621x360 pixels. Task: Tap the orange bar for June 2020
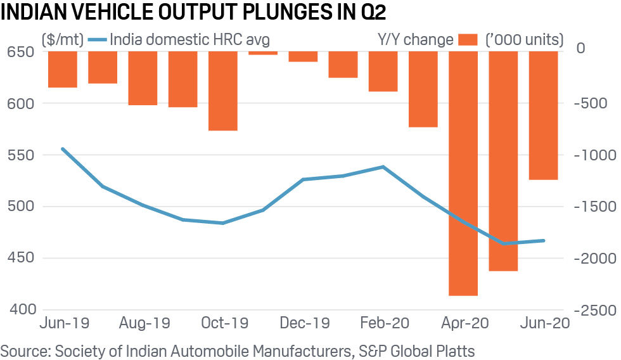coord(543,115)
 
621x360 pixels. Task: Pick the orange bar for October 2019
coord(222,91)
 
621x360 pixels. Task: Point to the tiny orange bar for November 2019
coord(262,53)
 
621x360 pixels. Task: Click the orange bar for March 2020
coord(423,89)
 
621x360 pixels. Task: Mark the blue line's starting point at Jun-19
coord(62,149)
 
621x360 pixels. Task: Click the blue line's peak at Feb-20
coord(383,167)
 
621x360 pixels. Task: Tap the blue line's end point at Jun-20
coord(543,240)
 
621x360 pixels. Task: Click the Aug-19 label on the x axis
coord(145,323)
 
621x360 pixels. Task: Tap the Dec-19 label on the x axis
coord(305,323)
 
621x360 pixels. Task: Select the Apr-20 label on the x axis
coord(464,323)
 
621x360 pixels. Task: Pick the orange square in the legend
coord(469,40)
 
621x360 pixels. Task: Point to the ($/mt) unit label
coord(61,40)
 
